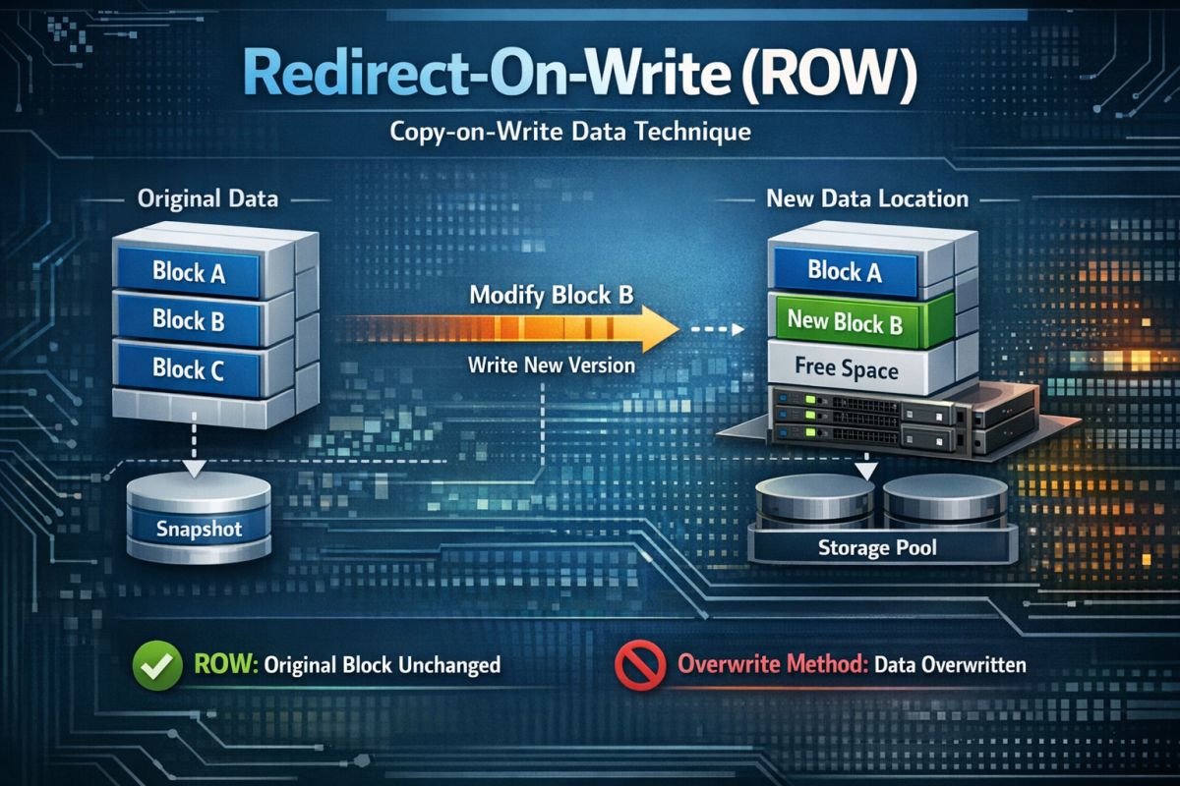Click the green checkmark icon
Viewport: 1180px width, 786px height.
point(157,665)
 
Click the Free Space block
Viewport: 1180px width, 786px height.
point(847,369)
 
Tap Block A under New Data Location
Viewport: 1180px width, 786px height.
point(845,270)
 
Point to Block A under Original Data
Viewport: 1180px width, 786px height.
point(189,271)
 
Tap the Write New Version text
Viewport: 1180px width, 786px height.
point(551,365)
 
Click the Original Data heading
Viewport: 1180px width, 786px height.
point(206,198)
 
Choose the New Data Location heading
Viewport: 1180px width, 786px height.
point(866,198)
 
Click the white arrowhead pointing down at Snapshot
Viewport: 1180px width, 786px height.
point(195,467)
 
